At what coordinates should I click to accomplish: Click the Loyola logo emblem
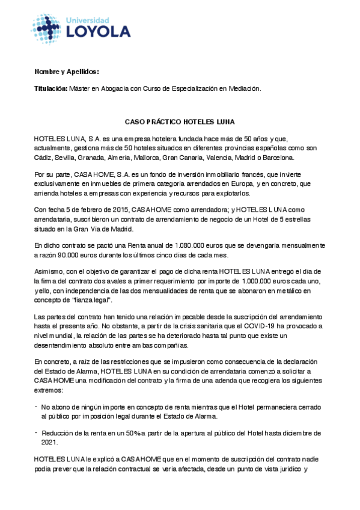tap(46, 27)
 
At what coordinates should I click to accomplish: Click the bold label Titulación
tap(51, 88)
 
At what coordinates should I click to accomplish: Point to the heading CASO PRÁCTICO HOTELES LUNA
tap(180, 121)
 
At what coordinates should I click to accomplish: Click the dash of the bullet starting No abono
tap(36, 407)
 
